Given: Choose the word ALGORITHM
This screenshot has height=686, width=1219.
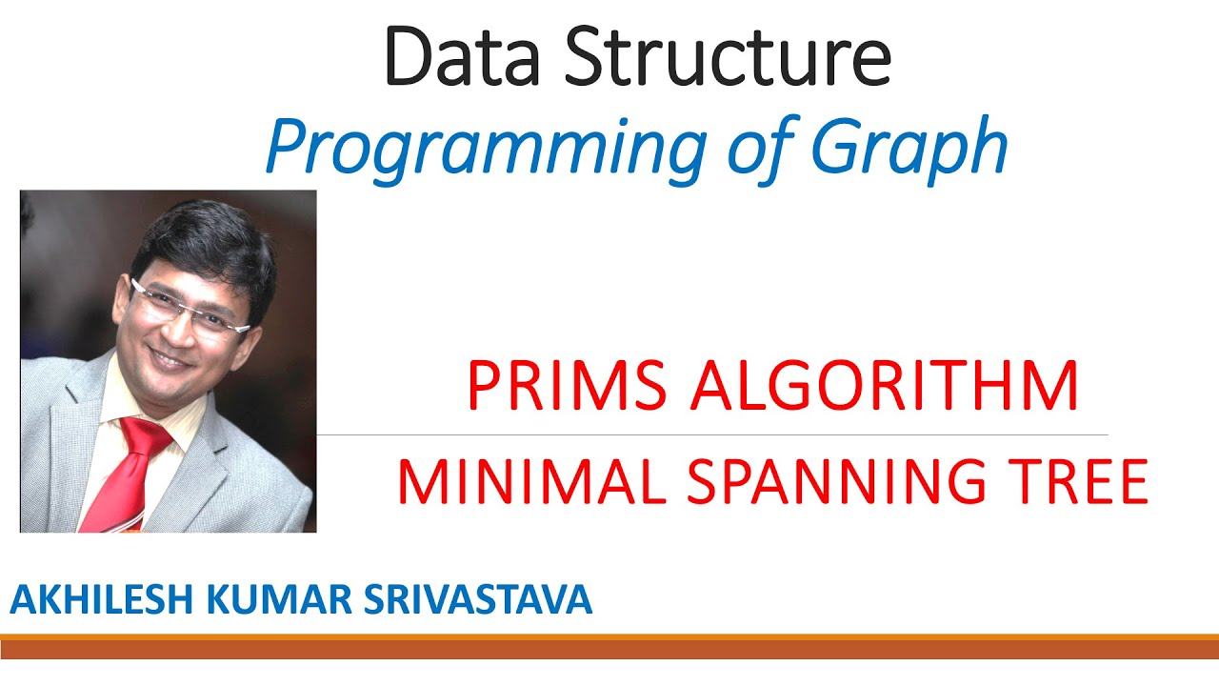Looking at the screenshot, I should tap(885, 386).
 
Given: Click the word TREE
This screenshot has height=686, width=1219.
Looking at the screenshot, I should tap(1076, 482).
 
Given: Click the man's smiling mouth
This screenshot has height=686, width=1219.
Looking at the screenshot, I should tap(171, 360).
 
